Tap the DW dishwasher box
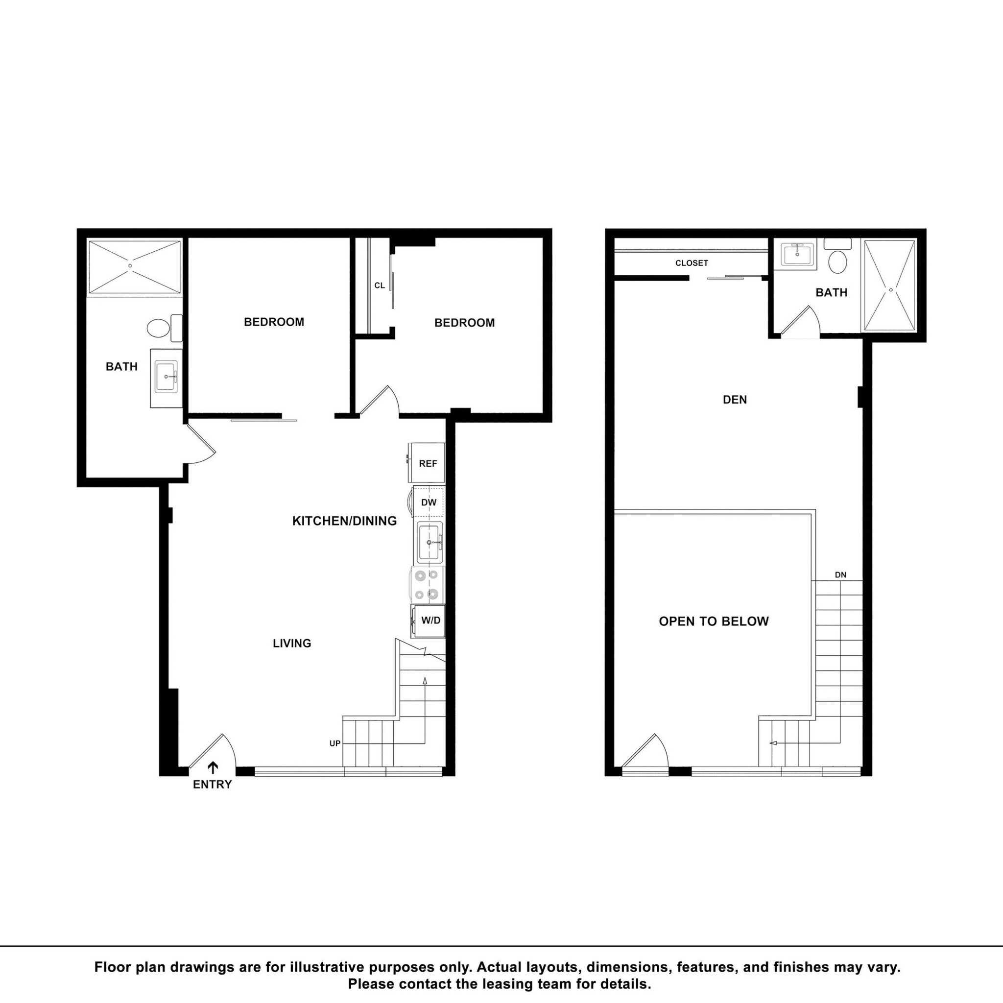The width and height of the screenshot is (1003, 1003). [x=429, y=502]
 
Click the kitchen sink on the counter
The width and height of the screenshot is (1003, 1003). [x=429, y=543]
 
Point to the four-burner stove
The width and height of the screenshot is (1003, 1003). [x=427, y=584]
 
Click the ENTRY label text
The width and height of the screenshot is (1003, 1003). [x=213, y=785]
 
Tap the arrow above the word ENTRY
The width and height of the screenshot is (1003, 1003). [x=213, y=767]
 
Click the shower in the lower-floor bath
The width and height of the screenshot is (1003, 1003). [x=135, y=267]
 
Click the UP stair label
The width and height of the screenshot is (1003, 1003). [x=335, y=743]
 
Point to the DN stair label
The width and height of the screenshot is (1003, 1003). [x=840, y=574]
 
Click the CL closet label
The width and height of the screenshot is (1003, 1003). [x=380, y=286]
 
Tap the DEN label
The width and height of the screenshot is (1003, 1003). [x=735, y=399]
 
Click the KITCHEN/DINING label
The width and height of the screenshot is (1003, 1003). [x=344, y=521]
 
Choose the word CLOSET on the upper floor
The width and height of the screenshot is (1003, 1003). [x=692, y=263]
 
